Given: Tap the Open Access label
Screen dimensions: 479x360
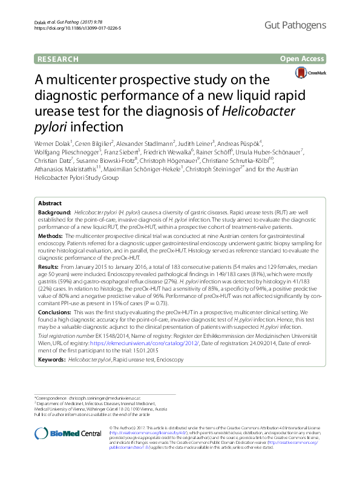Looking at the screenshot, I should [x=303, y=59].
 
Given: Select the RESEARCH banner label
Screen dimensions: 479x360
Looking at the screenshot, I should [x=57, y=59].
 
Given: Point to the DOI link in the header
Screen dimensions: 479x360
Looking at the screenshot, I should [x=77, y=28].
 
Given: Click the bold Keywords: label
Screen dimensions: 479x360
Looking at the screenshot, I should [x=52, y=342].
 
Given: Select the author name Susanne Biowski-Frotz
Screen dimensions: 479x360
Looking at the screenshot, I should [x=106, y=160].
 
